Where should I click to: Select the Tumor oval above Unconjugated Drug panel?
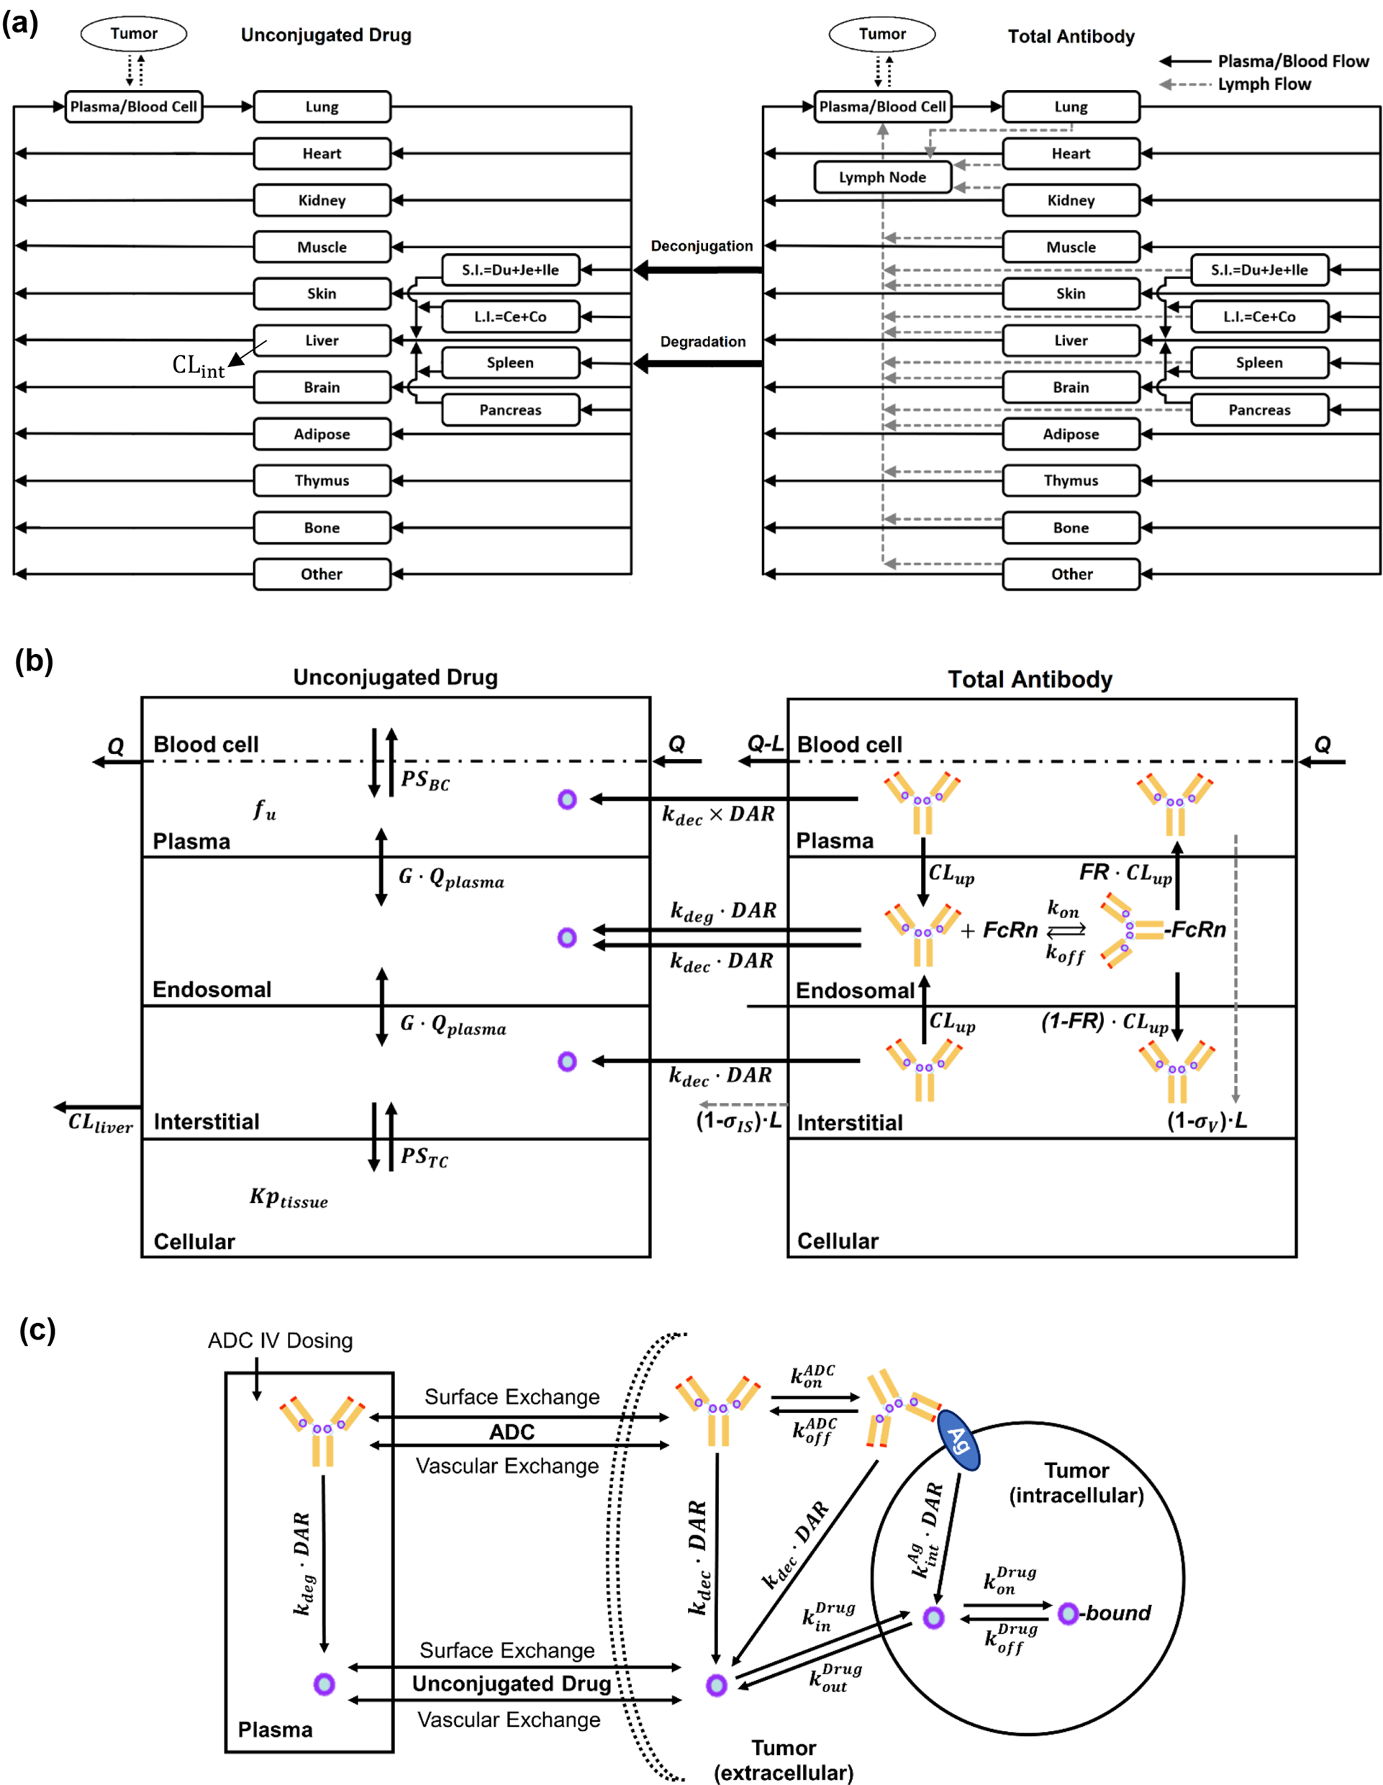pyautogui.click(x=133, y=34)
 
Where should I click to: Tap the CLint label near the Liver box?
pyautogui.click(x=198, y=365)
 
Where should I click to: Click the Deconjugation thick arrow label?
pyautogui.click(x=702, y=246)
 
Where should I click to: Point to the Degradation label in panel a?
pyautogui.click(x=702, y=342)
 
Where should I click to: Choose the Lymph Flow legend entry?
pyautogui.click(x=1264, y=84)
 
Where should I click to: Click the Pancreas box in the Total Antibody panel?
pyautogui.click(x=1259, y=410)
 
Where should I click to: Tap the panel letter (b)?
pyautogui.click(x=34, y=660)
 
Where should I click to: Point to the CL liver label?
pyautogui.click(x=100, y=1123)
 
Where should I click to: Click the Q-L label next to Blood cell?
pyautogui.click(x=765, y=744)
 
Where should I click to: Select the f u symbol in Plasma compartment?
pyautogui.click(x=264, y=810)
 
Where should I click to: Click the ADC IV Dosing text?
pyautogui.click(x=281, y=1341)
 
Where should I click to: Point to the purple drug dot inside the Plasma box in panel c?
pyautogui.click(x=324, y=1684)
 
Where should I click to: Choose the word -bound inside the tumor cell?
pyautogui.click(x=1117, y=1613)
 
